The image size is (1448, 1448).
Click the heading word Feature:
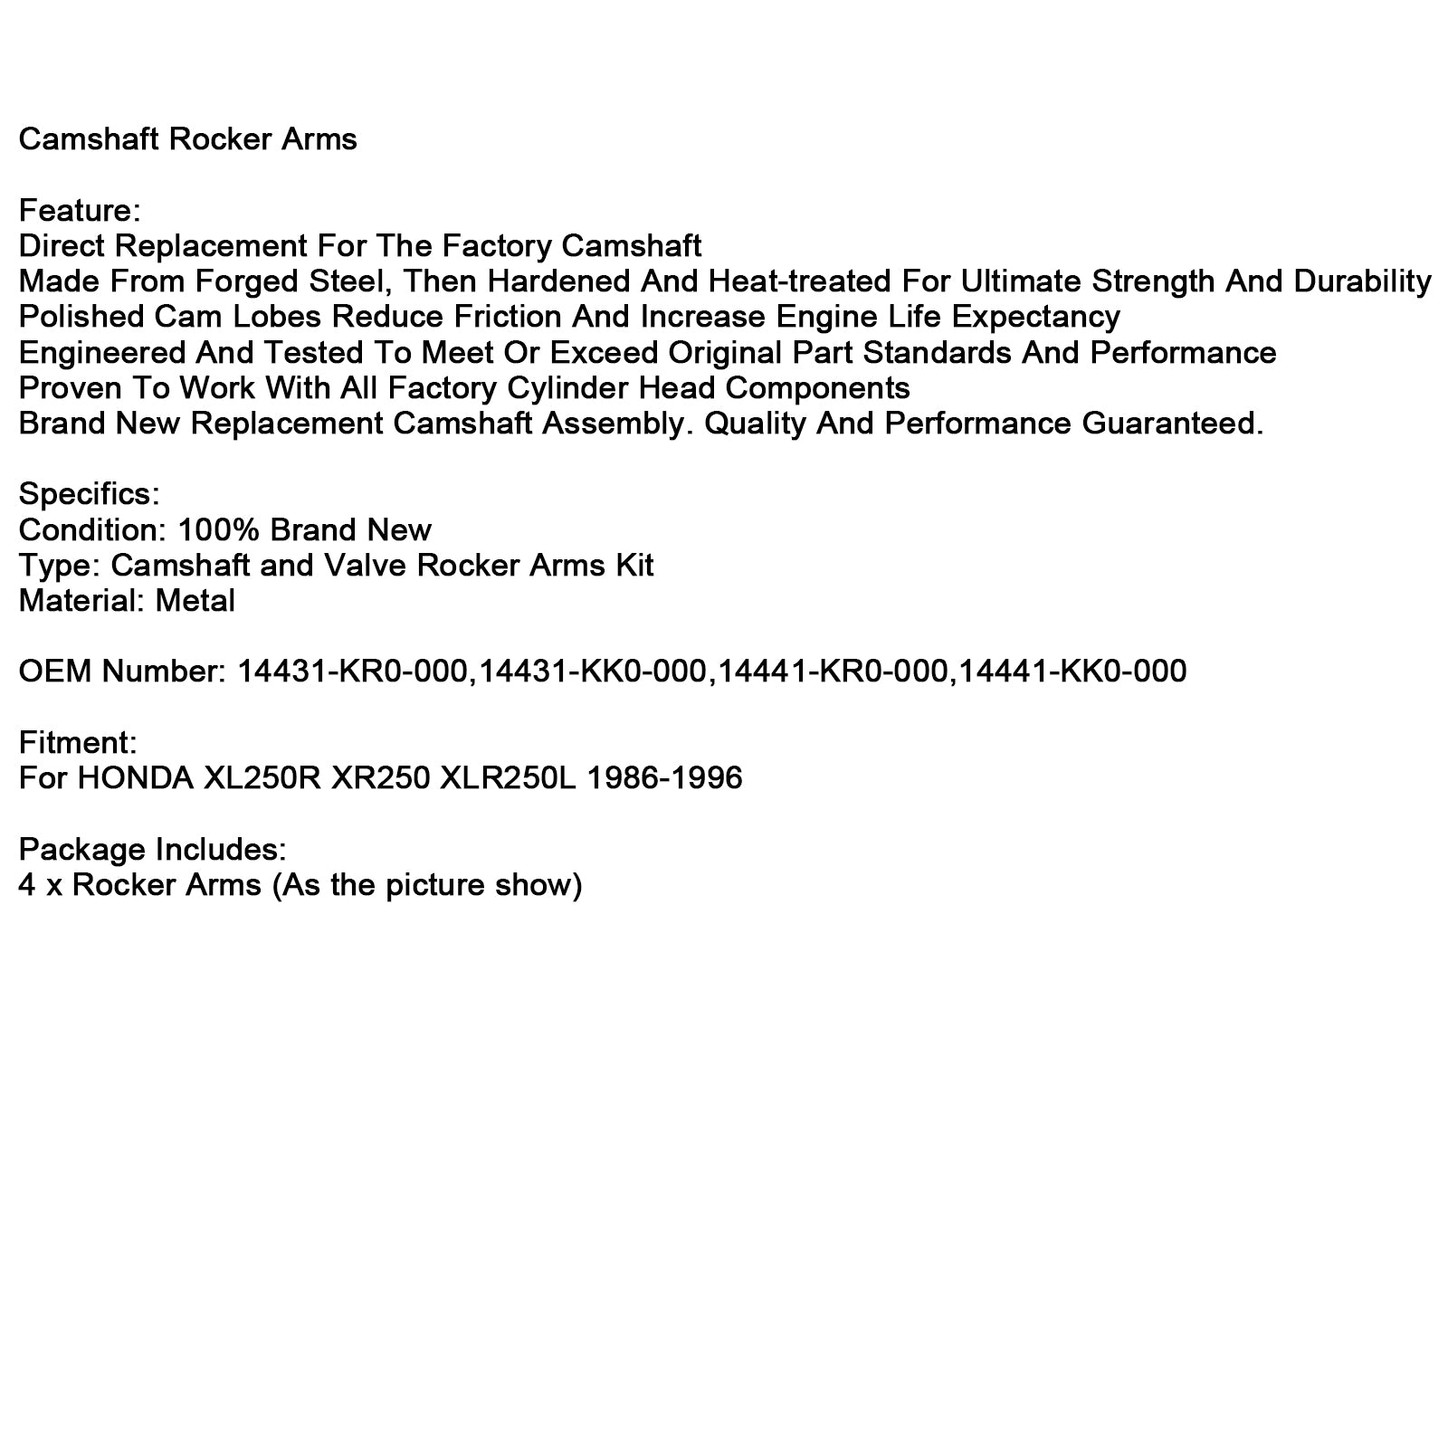(x=80, y=211)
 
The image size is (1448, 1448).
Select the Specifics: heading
(x=89, y=494)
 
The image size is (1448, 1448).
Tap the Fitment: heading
(x=78, y=743)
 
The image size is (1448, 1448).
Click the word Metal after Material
(x=195, y=601)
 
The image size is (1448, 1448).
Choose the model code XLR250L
(x=507, y=778)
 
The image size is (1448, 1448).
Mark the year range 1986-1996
(x=664, y=778)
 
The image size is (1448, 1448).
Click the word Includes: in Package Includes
(x=221, y=850)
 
